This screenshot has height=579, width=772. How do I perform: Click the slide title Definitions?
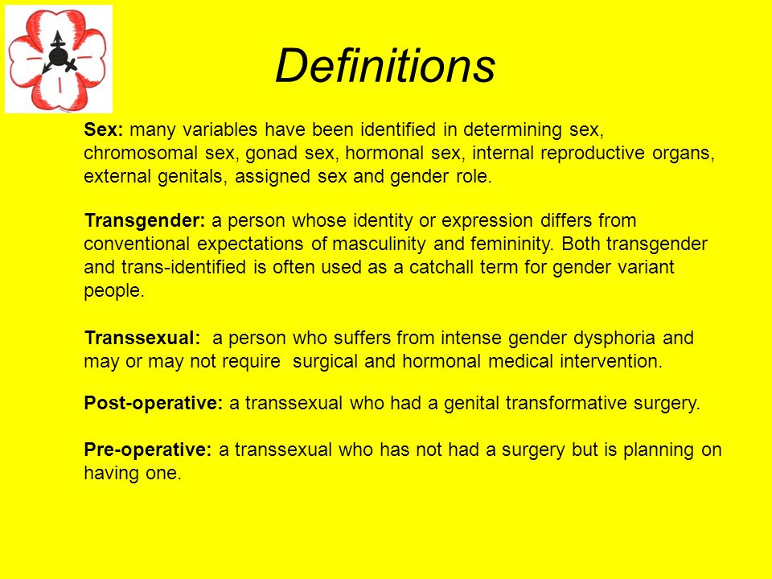coord(385,65)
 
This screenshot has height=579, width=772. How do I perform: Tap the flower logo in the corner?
coord(59,59)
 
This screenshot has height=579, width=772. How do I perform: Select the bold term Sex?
coord(104,129)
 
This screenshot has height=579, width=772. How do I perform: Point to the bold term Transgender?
coord(145,220)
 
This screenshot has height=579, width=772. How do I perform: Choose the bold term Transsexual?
coord(142,338)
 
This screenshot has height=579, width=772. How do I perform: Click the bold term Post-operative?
coord(154,403)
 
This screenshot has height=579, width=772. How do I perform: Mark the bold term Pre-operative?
coord(148,450)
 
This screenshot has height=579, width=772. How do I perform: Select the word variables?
coord(220,129)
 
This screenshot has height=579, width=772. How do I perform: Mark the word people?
coord(114,291)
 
